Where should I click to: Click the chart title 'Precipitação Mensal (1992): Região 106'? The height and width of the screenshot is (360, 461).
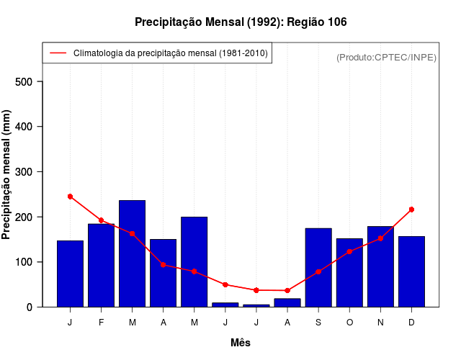[x=241, y=22]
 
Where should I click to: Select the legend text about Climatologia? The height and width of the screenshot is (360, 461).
[x=170, y=53]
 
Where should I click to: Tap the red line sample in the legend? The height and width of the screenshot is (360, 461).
[x=58, y=53]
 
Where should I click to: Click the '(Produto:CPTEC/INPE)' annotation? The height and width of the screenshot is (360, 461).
[x=386, y=57]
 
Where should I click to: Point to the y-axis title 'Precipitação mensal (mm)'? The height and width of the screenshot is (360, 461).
[x=6, y=175]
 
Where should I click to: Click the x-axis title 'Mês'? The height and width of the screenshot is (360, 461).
[x=241, y=343]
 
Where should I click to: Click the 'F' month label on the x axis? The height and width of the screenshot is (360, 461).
[x=101, y=323]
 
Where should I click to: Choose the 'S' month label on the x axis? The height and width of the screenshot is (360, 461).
[x=318, y=323]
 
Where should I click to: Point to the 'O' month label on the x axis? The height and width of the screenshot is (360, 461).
[x=349, y=323]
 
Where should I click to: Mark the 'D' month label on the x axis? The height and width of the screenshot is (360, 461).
[x=411, y=323]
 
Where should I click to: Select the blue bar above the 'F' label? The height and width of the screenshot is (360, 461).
[x=101, y=265]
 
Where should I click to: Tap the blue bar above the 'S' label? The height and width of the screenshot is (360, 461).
[x=318, y=267]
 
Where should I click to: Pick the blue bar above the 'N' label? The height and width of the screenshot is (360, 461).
[x=380, y=266]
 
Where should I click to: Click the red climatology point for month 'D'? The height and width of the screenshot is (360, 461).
[x=411, y=210]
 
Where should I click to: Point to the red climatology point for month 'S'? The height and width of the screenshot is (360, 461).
[x=318, y=271]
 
